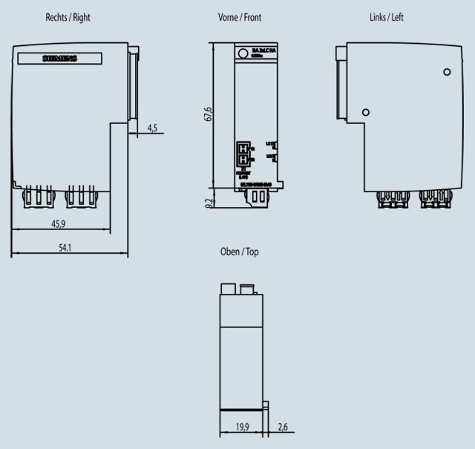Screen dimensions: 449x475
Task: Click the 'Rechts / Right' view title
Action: (x=68, y=17)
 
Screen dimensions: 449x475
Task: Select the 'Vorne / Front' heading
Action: (x=239, y=17)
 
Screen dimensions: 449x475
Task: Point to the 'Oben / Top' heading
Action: (x=239, y=252)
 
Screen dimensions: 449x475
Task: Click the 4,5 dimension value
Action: (x=152, y=128)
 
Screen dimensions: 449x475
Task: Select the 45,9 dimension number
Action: (x=58, y=223)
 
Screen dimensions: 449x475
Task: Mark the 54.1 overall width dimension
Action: (x=65, y=248)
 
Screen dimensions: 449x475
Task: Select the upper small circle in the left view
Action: (x=447, y=72)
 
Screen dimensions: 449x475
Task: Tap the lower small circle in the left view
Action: (x=365, y=112)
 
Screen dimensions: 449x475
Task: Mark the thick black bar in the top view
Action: (x=243, y=409)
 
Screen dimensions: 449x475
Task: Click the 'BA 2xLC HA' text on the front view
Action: (x=261, y=49)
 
